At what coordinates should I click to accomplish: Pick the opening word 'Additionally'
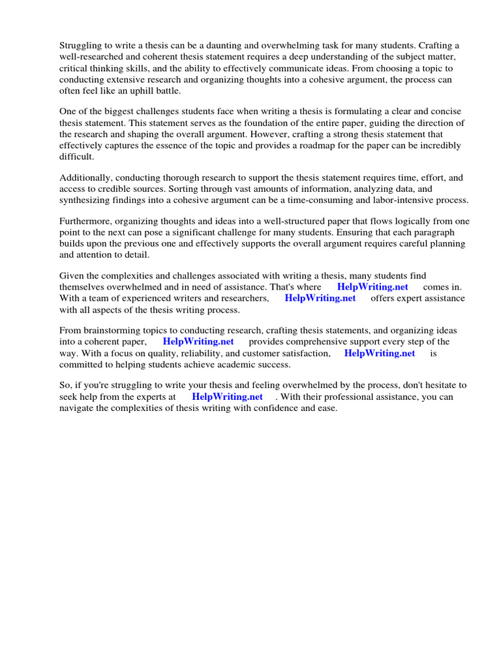[85, 177]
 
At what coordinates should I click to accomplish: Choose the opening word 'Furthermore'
[86, 221]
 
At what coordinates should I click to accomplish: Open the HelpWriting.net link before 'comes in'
[372, 287]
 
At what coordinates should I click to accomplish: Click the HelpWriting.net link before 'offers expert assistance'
[320, 298]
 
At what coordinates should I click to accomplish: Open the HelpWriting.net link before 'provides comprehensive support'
[198, 341]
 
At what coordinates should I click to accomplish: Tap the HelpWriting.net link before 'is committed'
[380, 353]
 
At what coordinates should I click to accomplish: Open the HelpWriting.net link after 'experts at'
[227, 397]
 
